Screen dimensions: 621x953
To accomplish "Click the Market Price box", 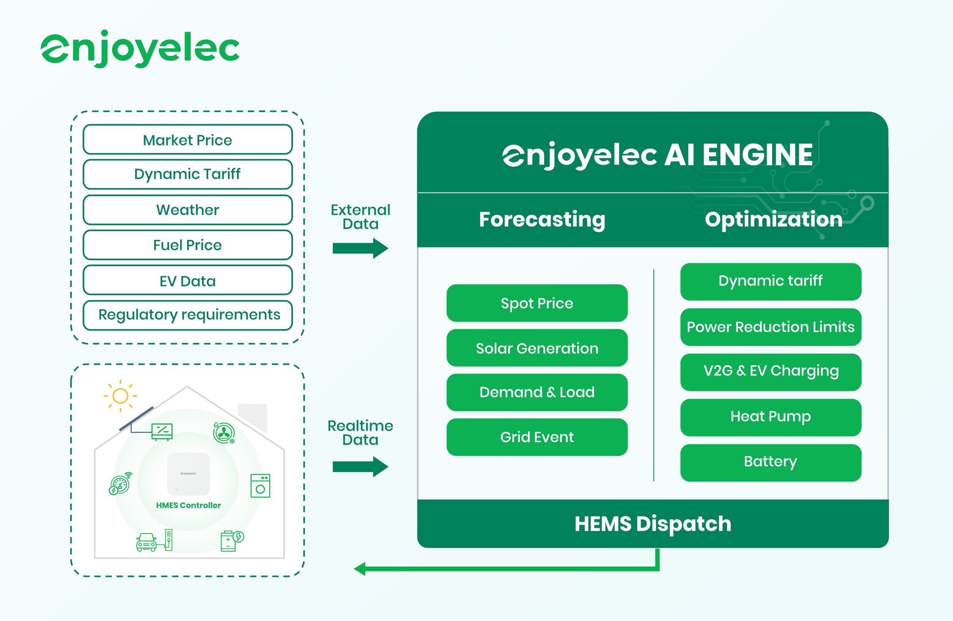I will tap(187, 140).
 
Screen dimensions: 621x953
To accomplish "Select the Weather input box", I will tap(187, 210).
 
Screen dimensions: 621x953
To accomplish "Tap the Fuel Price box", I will tap(187, 245).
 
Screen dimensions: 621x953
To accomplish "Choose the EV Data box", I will tap(187, 281).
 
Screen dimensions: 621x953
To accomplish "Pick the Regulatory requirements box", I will tap(187, 315).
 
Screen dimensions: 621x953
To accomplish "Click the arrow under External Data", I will tap(360, 248).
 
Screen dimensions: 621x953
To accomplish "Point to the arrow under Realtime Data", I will tap(360, 466).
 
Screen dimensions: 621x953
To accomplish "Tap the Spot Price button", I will tap(536, 303).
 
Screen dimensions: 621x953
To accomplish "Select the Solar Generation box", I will tap(536, 348).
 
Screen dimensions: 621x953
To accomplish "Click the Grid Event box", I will tap(536, 437).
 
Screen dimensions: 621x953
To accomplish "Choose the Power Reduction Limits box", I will tap(771, 327).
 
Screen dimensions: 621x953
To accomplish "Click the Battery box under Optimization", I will tap(771, 462).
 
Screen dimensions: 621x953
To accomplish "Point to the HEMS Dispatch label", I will tap(653, 524).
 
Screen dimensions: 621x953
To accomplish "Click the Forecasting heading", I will tap(542, 219).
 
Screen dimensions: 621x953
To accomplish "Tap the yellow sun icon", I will tap(120, 396).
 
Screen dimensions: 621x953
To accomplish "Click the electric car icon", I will tap(147, 542).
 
